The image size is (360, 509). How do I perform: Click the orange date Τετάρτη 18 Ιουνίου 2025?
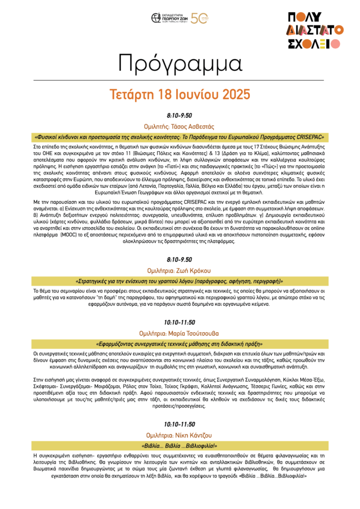pyautogui.click(x=179, y=94)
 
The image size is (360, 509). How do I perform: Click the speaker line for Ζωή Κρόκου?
pyautogui.click(x=179, y=271)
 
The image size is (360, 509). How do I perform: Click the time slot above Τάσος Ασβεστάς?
pyautogui.click(x=179, y=115)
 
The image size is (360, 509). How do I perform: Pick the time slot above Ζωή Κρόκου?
pyautogui.click(x=179, y=260)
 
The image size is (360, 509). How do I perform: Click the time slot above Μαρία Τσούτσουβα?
pyautogui.click(x=179, y=322)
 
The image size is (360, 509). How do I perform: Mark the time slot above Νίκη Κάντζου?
pyautogui.click(x=179, y=424)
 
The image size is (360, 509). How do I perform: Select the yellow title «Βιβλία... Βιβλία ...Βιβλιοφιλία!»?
pyautogui.click(x=179, y=445)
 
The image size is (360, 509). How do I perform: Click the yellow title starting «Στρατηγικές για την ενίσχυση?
pyautogui.click(x=179, y=281)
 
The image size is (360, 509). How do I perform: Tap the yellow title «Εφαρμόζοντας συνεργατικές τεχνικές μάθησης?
pyautogui.click(x=179, y=343)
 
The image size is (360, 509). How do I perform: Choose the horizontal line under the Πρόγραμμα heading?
pyautogui.click(x=179, y=79)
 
